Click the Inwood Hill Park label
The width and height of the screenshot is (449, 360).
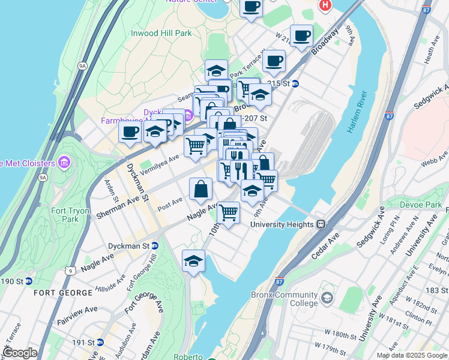click(x=161, y=33)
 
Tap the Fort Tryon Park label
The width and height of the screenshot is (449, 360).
click(x=65, y=215)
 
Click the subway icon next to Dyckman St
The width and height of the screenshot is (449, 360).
click(x=154, y=246)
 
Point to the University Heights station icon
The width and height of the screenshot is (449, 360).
click(x=321, y=224)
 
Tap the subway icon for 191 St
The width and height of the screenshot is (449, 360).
click(x=100, y=342)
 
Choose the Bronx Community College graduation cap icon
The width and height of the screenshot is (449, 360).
click(x=327, y=298)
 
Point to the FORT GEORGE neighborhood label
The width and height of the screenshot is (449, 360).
click(x=64, y=293)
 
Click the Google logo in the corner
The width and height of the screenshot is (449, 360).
click(x=20, y=353)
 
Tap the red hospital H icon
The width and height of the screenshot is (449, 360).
click(x=325, y=5)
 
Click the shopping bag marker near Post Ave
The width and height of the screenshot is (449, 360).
click(x=200, y=188)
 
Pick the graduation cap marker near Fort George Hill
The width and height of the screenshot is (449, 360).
click(x=193, y=260)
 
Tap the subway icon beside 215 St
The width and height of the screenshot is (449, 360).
click(x=295, y=83)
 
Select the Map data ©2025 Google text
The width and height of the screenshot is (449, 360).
click(x=411, y=355)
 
